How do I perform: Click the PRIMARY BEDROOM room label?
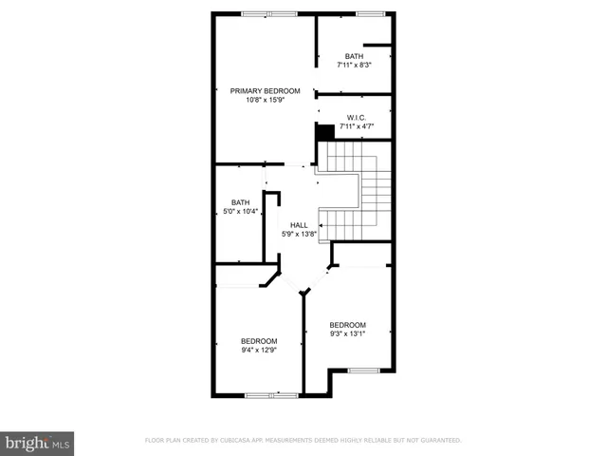pos(266,91)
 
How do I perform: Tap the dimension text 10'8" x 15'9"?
pos(266,100)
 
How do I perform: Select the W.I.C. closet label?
pos(357,118)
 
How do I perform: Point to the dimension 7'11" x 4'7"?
pos(357,126)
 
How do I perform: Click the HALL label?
pos(299,225)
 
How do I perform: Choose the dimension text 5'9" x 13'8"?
pos(299,234)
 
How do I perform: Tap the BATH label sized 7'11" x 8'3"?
pos(354,56)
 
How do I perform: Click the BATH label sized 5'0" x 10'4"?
pos(241,202)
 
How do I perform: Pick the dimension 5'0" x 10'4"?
pos(241,211)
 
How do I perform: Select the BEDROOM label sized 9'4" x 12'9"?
pos(259,341)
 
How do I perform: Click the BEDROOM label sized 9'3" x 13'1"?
pos(347,325)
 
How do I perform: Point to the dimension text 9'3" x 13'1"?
pos(347,333)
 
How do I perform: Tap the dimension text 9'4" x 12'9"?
pos(259,350)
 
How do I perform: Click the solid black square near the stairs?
pos(325,132)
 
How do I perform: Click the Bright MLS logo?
pos(37,443)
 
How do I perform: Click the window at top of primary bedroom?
pos(268,13)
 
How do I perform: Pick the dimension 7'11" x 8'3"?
pos(354,65)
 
